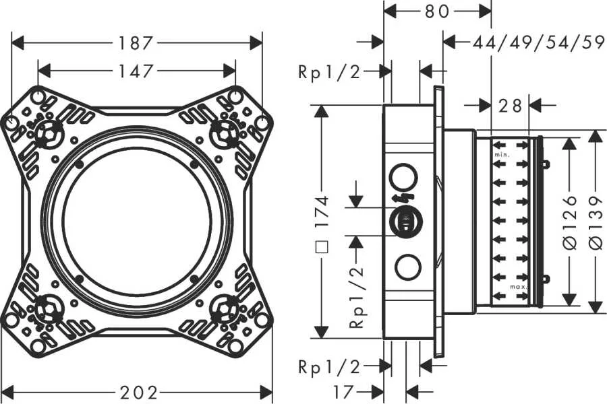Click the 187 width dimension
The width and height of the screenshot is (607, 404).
(137, 43)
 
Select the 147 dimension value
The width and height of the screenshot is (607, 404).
(137, 70)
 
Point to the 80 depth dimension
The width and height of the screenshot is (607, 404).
(438, 11)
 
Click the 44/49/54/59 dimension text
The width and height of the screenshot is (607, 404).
(538, 43)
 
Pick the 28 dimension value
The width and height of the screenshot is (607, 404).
(511, 105)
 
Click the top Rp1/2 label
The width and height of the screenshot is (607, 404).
(329, 72)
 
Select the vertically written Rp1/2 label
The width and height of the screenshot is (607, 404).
(356, 296)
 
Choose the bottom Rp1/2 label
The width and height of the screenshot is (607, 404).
(329, 366)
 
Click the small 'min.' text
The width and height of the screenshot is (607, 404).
(501, 156)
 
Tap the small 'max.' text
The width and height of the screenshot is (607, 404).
(518, 287)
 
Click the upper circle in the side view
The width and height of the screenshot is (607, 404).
(405, 177)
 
